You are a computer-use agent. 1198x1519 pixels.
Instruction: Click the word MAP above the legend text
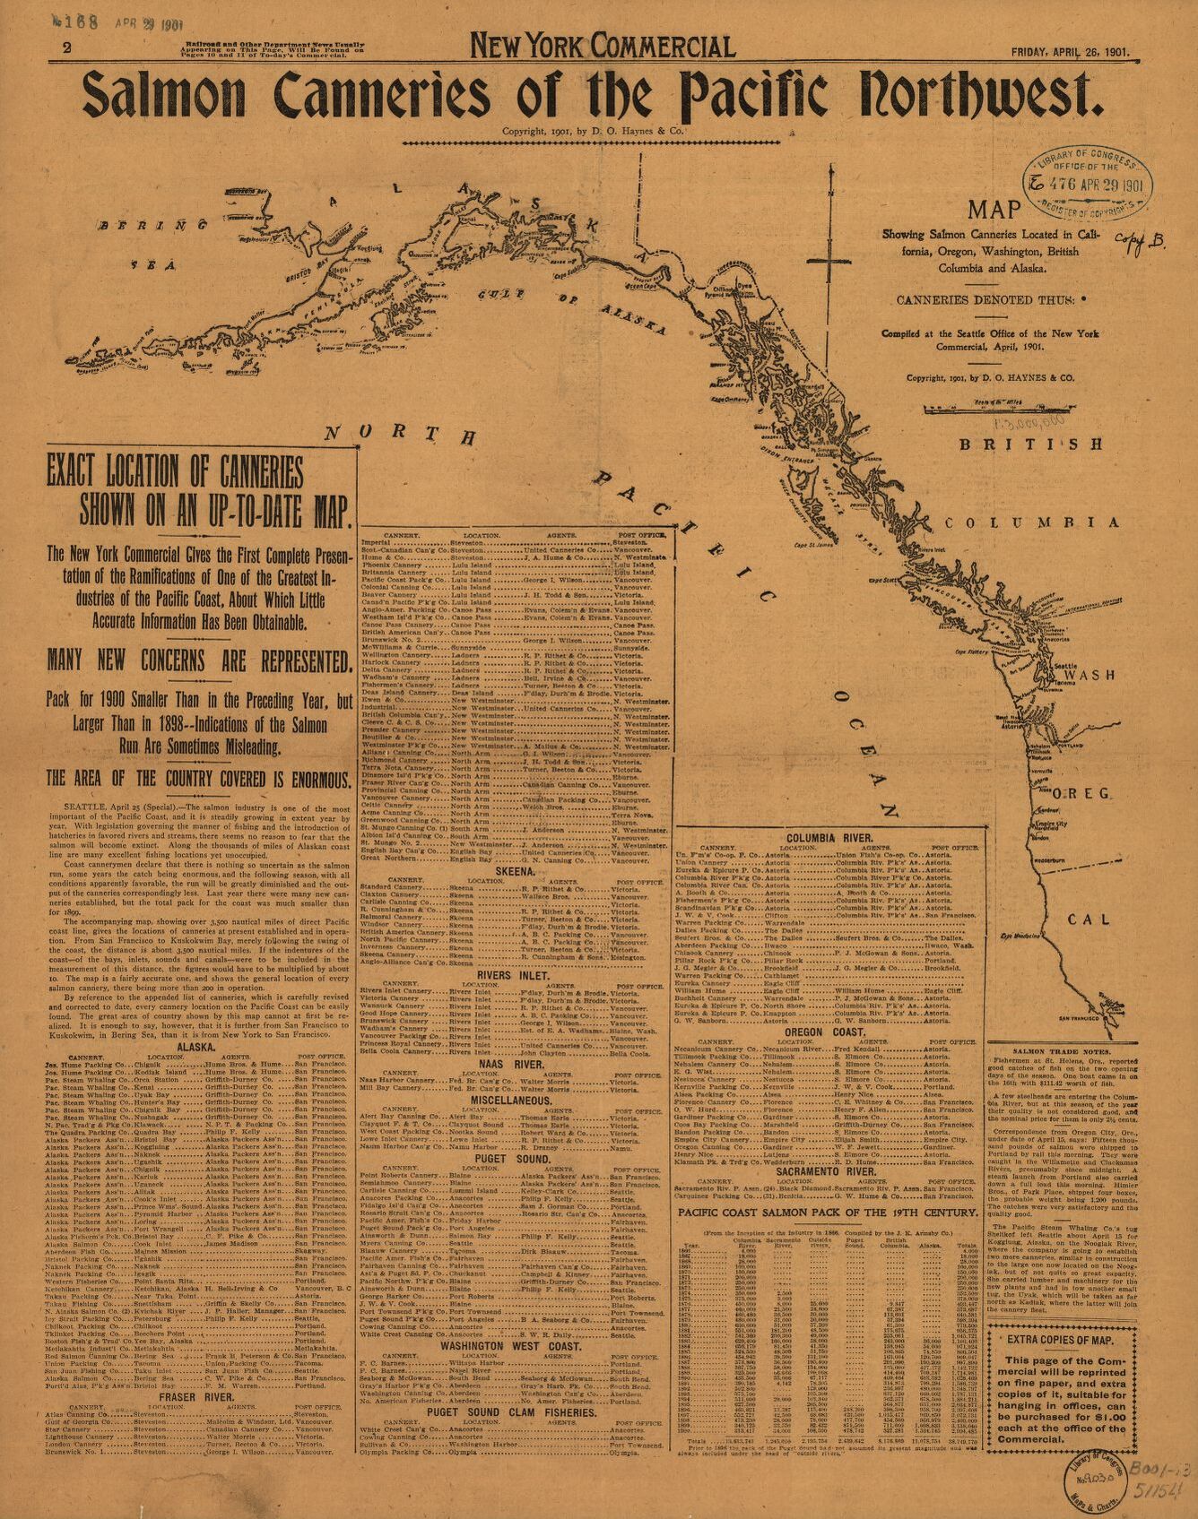point(994,210)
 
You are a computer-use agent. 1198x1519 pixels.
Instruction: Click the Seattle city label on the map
point(1065,667)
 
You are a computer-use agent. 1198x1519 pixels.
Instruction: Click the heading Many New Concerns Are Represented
point(198,661)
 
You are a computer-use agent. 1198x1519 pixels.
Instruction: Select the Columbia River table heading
point(829,837)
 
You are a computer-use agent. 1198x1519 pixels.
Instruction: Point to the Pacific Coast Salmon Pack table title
point(827,1213)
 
